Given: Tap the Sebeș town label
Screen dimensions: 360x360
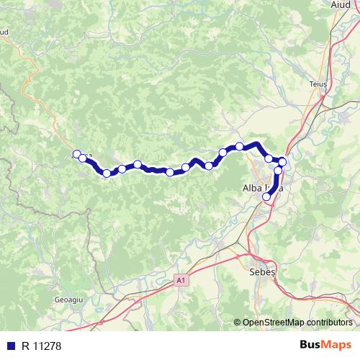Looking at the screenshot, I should pyautogui.click(x=261, y=274).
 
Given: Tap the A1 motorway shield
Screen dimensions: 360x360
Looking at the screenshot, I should pyautogui.click(x=180, y=279).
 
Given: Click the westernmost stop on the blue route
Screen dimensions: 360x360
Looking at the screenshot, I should pyautogui.click(x=76, y=154).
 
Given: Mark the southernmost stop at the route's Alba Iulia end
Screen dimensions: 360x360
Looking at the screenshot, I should pyautogui.click(x=266, y=196).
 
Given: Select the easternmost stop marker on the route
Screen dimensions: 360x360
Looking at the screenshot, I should pyautogui.click(x=283, y=162).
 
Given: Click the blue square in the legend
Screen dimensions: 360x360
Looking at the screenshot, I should pyautogui.click(x=12, y=345).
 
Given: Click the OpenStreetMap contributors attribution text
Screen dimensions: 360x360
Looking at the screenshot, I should pyautogui.click(x=297, y=323).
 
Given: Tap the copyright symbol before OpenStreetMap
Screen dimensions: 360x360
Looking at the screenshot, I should pyautogui.click(x=238, y=323).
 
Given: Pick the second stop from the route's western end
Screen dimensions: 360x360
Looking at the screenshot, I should pyautogui.click(x=84, y=158).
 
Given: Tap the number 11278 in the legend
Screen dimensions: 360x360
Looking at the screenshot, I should pyautogui.click(x=49, y=345).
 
